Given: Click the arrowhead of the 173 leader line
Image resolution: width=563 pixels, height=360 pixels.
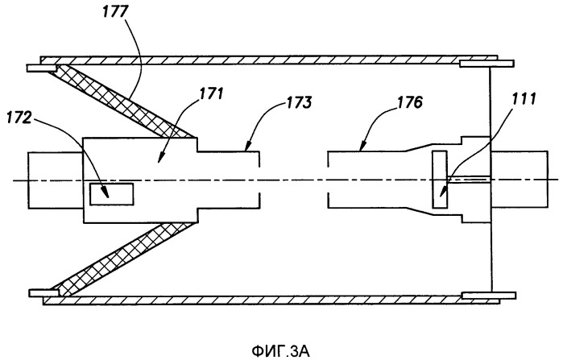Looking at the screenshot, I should [242, 149].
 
